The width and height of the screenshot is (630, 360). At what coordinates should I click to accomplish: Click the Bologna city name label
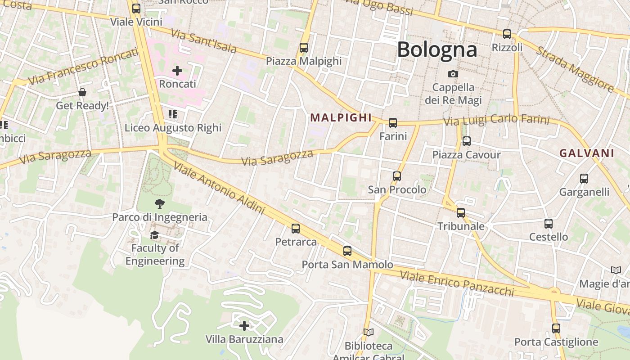tap(437, 49)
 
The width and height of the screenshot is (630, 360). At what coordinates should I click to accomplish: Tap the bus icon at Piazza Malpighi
tap(304, 48)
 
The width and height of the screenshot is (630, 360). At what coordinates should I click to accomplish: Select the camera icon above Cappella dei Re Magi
tap(453, 74)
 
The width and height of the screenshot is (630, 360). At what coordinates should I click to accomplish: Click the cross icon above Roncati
tap(177, 71)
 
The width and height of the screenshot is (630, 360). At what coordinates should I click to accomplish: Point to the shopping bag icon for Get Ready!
tap(82, 92)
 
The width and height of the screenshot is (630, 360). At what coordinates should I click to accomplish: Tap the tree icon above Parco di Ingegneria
tap(159, 204)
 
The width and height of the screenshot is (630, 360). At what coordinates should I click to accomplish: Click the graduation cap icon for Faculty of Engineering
tap(154, 235)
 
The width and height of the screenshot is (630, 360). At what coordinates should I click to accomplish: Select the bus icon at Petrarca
tap(296, 229)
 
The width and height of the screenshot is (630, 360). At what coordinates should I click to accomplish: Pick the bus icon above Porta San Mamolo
tap(347, 251)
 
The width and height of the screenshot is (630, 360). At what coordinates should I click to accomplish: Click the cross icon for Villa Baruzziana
tap(244, 325)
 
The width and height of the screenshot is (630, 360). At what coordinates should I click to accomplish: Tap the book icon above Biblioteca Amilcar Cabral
tap(369, 333)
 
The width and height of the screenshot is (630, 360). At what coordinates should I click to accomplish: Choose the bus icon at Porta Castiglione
tap(556, 328)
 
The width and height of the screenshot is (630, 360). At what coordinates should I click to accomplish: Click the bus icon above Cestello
tap(549, 223)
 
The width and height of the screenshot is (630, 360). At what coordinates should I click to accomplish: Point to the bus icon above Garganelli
tap(584, 179)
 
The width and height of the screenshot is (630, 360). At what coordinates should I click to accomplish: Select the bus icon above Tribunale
tap(461, 212)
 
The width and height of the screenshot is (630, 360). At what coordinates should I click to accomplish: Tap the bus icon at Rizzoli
tap(507, 34)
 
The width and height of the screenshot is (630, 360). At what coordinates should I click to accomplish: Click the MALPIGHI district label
tap(341, 118)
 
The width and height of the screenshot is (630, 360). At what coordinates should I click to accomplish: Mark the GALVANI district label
tap(587, 153)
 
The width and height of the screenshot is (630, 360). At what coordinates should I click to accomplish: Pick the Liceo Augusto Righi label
tap(173, 128)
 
